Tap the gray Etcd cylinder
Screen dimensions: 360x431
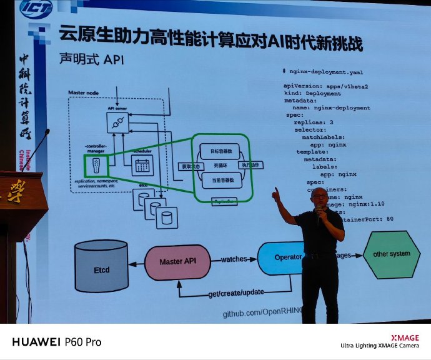[102, 269]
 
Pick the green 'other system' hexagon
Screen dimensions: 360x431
[392, 254]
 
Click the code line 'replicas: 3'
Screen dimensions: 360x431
[313, 122]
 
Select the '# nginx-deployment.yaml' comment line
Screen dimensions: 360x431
[322, 72]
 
